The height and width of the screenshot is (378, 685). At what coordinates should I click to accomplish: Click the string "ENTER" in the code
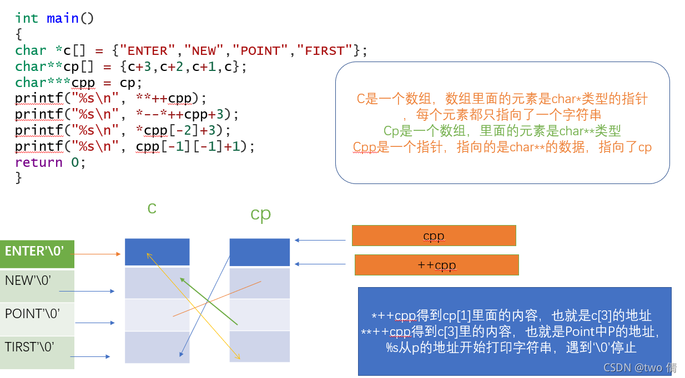147,51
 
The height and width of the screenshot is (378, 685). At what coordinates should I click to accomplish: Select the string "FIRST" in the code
325,51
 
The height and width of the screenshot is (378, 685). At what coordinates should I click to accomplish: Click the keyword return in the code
39,162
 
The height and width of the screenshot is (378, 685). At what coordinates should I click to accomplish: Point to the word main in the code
63,19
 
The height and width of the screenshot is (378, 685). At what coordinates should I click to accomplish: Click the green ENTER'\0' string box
37,253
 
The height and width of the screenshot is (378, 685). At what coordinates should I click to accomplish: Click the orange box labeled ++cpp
436,265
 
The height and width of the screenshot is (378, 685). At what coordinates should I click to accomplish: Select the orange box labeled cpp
434,236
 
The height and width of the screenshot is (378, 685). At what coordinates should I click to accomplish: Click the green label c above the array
152,208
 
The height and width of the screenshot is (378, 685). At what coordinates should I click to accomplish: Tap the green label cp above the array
260,214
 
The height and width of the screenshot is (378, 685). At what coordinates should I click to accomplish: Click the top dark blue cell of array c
157,252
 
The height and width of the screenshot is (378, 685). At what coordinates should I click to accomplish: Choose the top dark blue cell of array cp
260,252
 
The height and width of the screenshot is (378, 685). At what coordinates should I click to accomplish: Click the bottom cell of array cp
260,346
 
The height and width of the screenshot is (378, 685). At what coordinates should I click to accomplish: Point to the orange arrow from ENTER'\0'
97,254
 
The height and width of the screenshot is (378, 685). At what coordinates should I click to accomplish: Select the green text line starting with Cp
502,131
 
